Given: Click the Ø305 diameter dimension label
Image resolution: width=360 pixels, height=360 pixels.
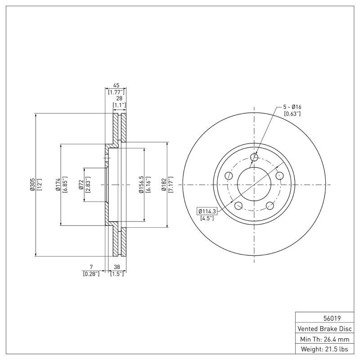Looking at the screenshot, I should click(32, 184).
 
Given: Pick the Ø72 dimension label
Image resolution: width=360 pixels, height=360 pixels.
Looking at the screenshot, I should click(81, 184).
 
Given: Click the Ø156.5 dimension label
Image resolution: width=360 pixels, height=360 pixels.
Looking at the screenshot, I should click(141, 184).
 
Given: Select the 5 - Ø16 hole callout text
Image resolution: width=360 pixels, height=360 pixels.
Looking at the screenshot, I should click(292, 107).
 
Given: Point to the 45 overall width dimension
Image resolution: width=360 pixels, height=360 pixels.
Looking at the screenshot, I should click(116, 85).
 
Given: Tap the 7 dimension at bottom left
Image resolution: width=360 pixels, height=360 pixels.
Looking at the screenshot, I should click(91, 266).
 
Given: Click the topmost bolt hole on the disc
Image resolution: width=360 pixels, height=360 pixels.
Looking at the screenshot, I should click(254, 157).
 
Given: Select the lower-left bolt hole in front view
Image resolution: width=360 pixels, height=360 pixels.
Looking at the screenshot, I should click(238, 206).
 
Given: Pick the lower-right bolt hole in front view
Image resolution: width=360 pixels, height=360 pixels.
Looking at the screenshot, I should click(270, 206).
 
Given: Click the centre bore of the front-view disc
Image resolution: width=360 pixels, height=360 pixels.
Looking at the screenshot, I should click(254, 184).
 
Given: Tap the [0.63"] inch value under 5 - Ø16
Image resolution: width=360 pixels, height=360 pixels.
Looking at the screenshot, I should click(292, 113).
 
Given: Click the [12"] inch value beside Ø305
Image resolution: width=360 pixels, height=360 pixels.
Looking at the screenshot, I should click(39, 184).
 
